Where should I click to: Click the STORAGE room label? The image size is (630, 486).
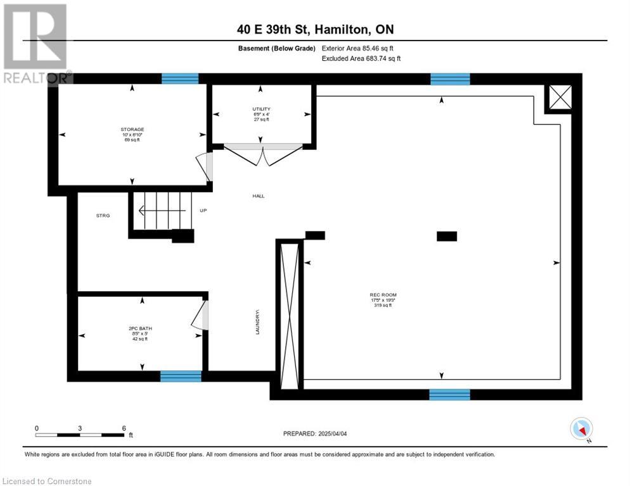pyautogui.click(x=134, y=129)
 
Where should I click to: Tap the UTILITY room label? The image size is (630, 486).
pyautogui.click(x=261, y=109)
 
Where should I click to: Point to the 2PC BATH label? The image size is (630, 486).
pyautogui.click(x=140, y=328)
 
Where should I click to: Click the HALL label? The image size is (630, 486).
pyautogui.click(x=258, y=196)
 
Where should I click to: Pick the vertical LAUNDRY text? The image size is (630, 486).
pyautogui.click(x=258, y=321)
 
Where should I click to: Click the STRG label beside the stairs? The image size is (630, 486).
pyautogui.click(x=103, y=216)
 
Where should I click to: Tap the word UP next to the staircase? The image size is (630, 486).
pyautogui.click(x=203, y=211)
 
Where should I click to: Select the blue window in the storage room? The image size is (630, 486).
pyautogui.click(x=180, y=78)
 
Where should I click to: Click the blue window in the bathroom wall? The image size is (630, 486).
pyautogui.click(x=181, y=377)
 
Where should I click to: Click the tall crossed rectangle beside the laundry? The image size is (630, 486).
pyautogui.click(x=289, y=316)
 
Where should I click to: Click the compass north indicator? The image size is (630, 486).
pyautogui.click(x=581, y=429)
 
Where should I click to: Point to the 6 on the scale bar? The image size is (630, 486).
pyautogui.click(x=124, y=428)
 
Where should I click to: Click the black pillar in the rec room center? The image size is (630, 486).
pyautogui.click(x=446, y=236)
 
